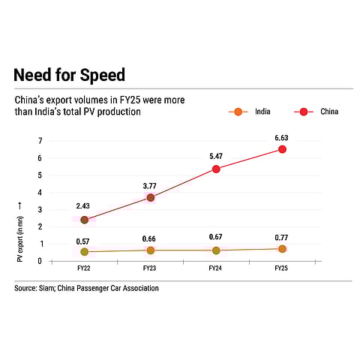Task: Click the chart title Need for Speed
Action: coord(69,76)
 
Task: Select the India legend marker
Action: coord(238,112)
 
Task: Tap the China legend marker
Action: coord(304,112)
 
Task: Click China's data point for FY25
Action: coord(282,149)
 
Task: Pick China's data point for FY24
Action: coord(216,169)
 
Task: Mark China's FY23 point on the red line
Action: coord(151,198)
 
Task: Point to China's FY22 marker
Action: coord(85,220)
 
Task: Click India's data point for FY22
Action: coord(85,252)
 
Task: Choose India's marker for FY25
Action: coord(282,249)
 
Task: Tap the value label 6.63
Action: coord(281,137)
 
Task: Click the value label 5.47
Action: coord(216,157)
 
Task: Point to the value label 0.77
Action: coord(281,237)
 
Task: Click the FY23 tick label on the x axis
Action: coord(151,268)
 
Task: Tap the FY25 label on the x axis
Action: coord(281,268)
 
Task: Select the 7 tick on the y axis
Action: coord(40,141)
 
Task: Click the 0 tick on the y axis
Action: coord(40,262)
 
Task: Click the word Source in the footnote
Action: coord(26,288)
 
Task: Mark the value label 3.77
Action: coord(151,185)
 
